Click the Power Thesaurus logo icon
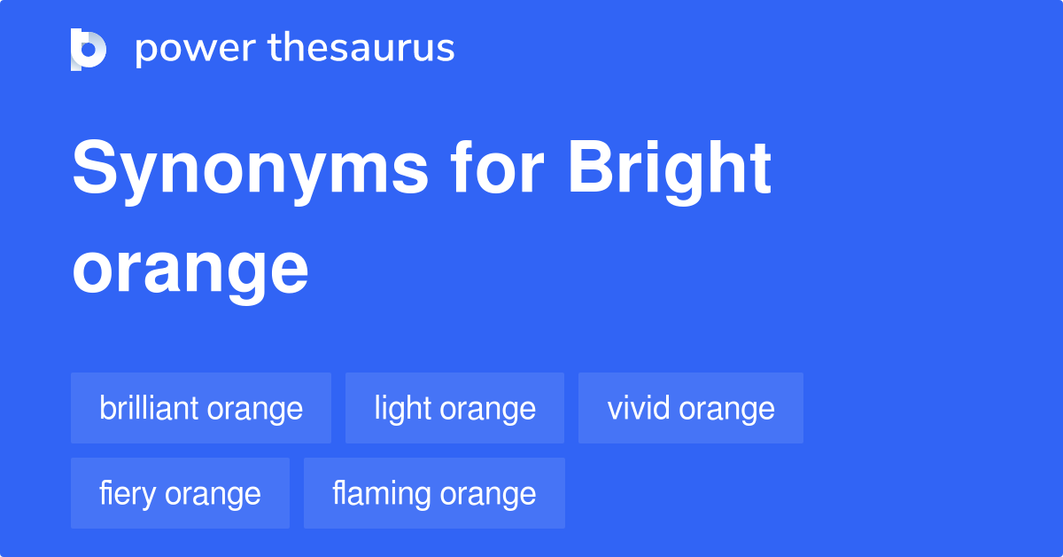[x=89, y=50]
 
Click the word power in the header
[x=196, y=50]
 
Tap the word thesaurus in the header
[x=361, y=47]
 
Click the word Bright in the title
[x=670, y=171]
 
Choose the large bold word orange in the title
[x=190, y=271]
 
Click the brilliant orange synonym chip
[x=201, y=408]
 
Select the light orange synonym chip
[x=454, y=408]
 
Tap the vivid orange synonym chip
[x=690, y=408]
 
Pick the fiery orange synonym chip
[x=180, y=493]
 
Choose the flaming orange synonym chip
[x=434, y=493]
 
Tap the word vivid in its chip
[x=639, y=408]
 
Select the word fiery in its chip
[x=128, y=495]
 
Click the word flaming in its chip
[x=382, y=495]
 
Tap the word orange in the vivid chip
[x=726, y=410]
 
